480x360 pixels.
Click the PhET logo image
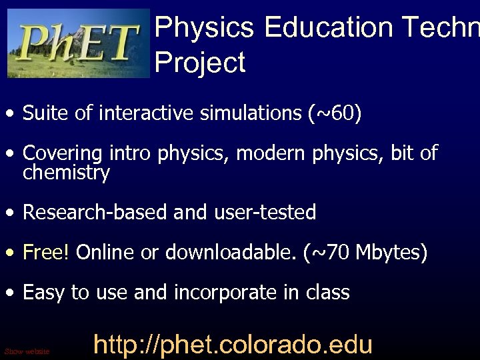79,43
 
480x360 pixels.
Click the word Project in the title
200,63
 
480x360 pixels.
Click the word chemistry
66,173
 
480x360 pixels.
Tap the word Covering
62,154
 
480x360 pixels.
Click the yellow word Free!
45,253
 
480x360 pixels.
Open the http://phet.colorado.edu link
232,345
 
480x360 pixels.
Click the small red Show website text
27,351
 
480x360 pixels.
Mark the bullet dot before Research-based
11,214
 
